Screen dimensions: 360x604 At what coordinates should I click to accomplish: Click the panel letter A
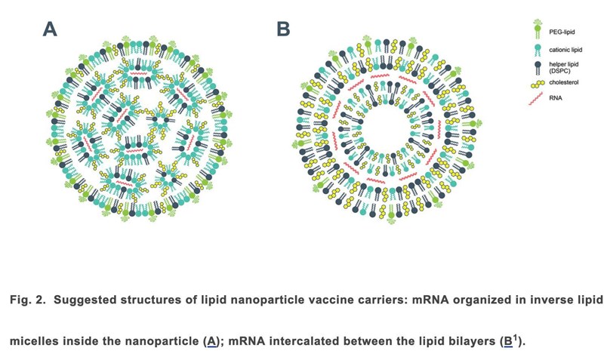coord(50,30)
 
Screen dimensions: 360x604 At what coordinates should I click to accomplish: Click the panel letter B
coord(284,30)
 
